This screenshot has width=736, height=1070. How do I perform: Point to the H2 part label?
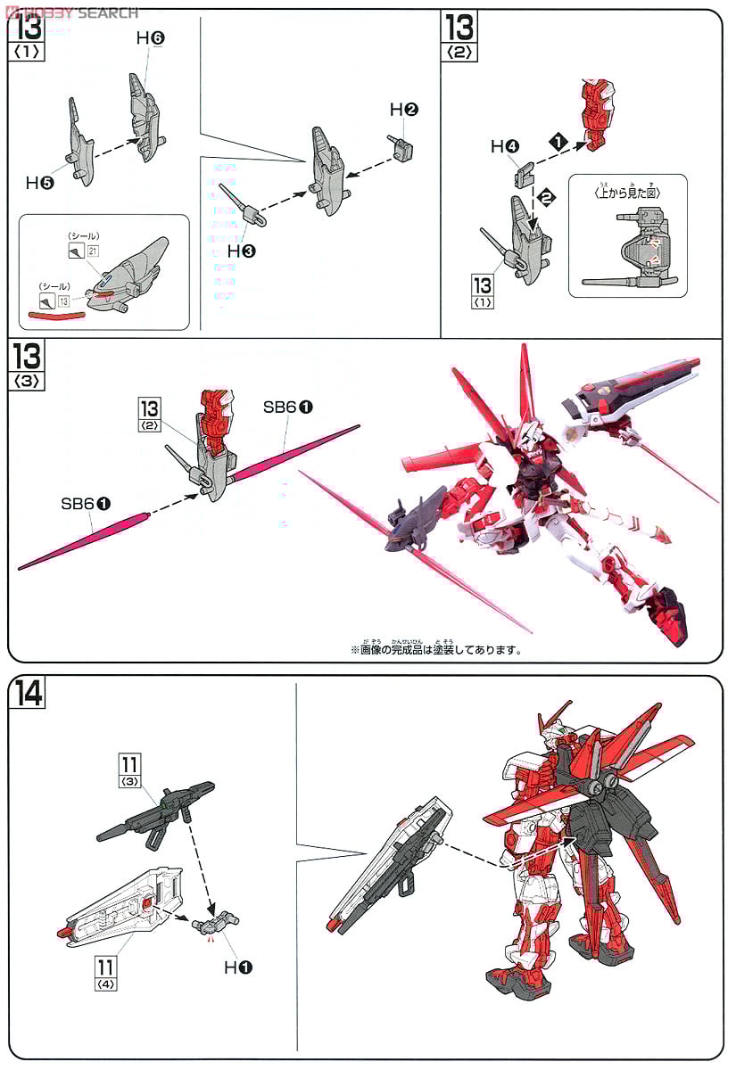coord(404,110)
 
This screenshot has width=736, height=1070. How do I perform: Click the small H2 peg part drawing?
coord(399,144)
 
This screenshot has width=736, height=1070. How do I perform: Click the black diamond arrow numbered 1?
coord(558,141)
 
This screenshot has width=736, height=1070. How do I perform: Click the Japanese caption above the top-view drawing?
coord(627,190)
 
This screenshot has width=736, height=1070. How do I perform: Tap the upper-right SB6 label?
coord(287,406)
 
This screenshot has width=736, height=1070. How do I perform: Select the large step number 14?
coord(29,693)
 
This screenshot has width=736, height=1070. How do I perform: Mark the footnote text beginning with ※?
coord(436,649)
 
